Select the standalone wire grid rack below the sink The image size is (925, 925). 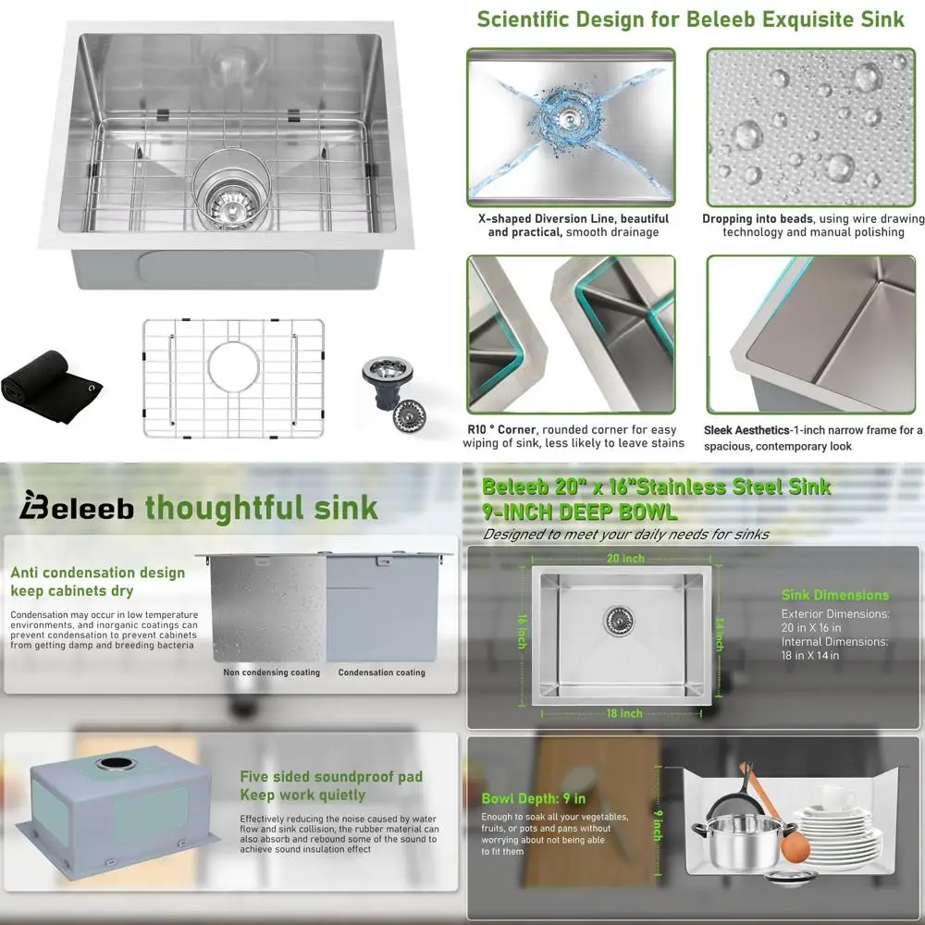pyautogui.click(x=233, y=377)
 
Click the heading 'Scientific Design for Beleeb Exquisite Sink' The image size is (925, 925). pyautogui.click(x=690, y=19)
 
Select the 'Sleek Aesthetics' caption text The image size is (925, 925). pyautogui.click(x=813, y=437)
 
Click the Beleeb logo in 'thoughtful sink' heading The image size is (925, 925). pyautogui.click(x=79, y=508)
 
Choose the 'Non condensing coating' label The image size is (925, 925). pyautogui.click(x=271, y=672)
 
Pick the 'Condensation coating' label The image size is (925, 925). pyautogui.click(x=381, y=672)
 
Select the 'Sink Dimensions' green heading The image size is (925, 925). pyautogui.click(x=834, y=595)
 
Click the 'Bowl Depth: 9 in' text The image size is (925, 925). pyautogui.click(x=533, y=798)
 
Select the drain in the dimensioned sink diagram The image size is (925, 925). pyautogui.click(x=617, y=620)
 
